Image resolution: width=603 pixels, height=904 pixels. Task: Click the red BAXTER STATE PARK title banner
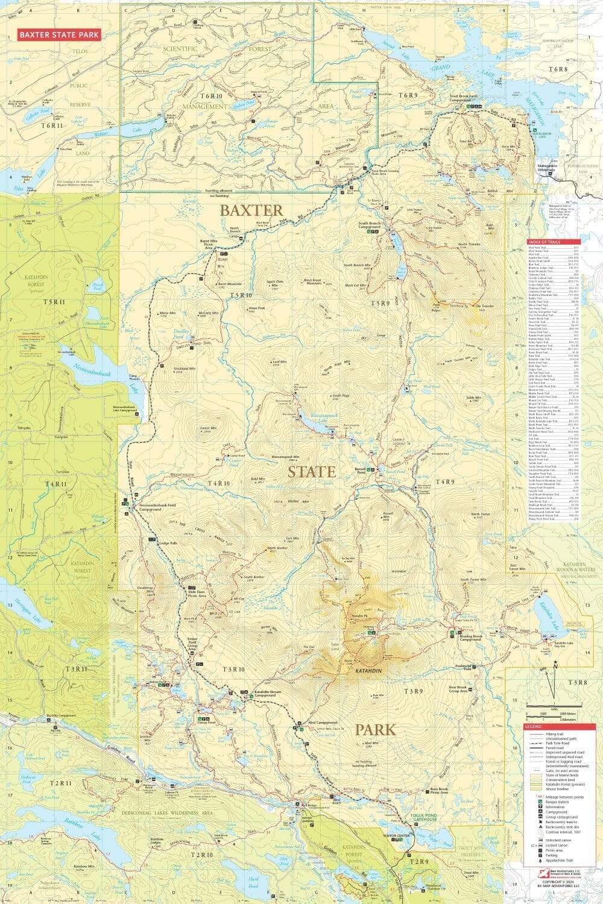tap(58, 35)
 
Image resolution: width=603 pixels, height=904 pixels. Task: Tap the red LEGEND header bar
tap(552, 727)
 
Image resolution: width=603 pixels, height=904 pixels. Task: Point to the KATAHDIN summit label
tap(368, 671)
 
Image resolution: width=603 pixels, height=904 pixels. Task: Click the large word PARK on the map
tap(376, 730)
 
